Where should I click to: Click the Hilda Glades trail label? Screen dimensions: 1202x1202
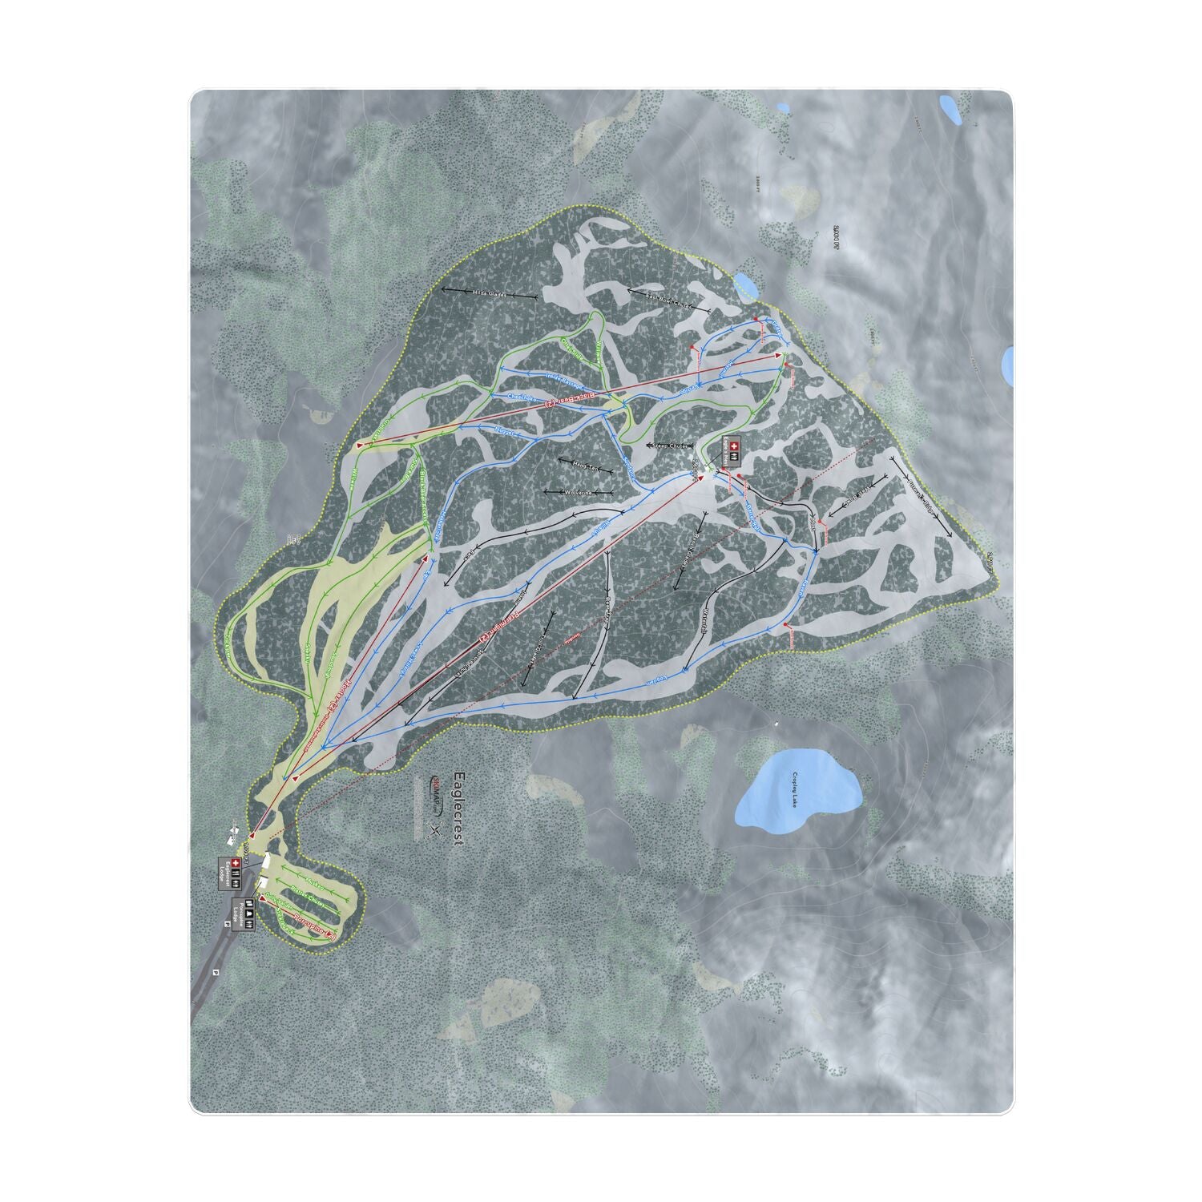tap(489, 294)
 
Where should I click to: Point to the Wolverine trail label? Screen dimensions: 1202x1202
tap(579, 492)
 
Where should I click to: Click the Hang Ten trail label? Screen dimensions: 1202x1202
tap(586, 466)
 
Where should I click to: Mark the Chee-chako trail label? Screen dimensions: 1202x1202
tap(522, 397)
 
